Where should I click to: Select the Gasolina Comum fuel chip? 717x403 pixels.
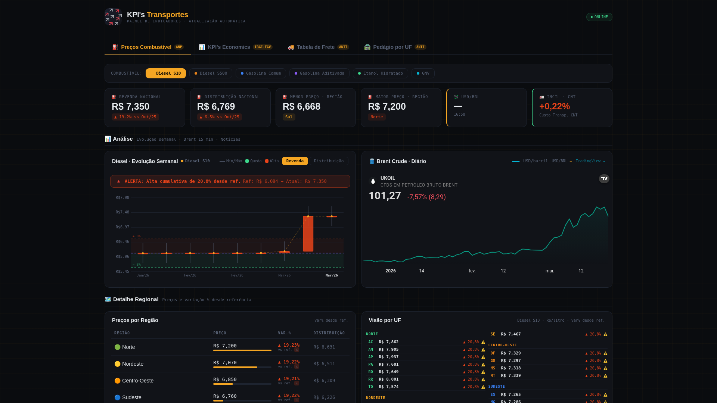pyautogui.click(x=261, y=74)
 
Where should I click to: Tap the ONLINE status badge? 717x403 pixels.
pyautogui.click(x=599, y=17)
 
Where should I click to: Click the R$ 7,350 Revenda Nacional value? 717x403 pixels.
pyautogui.click(x=130, y=107)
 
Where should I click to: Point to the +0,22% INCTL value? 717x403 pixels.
pyautogui.click(x=554, y=107)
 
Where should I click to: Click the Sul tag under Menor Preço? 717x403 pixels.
pyautogui.click(x=289, y=117)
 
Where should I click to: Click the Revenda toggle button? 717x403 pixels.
pyautogui.click(x=295, y=161)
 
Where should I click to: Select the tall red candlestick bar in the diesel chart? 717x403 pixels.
pyautogui.click(x=308, y=234)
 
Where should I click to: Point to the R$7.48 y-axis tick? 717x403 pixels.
pyautogui.click(x=122, y=212)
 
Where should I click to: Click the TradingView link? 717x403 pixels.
pyautogui.click(x=590, y=161)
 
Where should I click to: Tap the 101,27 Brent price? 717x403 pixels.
pyautogui.click(x=385, y=196)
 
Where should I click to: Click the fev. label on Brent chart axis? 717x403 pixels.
pyautogui.click(x=472, y=271)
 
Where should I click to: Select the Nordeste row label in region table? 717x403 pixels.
pyautogui.click(x=133, y=364)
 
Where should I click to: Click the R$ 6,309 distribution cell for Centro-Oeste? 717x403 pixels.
pyautogui.click(x=324, y=381)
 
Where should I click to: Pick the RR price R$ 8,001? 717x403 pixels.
pyautogui.click(x=388, y=379)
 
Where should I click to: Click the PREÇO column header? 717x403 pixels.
pyautogui.click(x=220, y=333)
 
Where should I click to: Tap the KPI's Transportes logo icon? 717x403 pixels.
pyautogui.click(x=113, y=17)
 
